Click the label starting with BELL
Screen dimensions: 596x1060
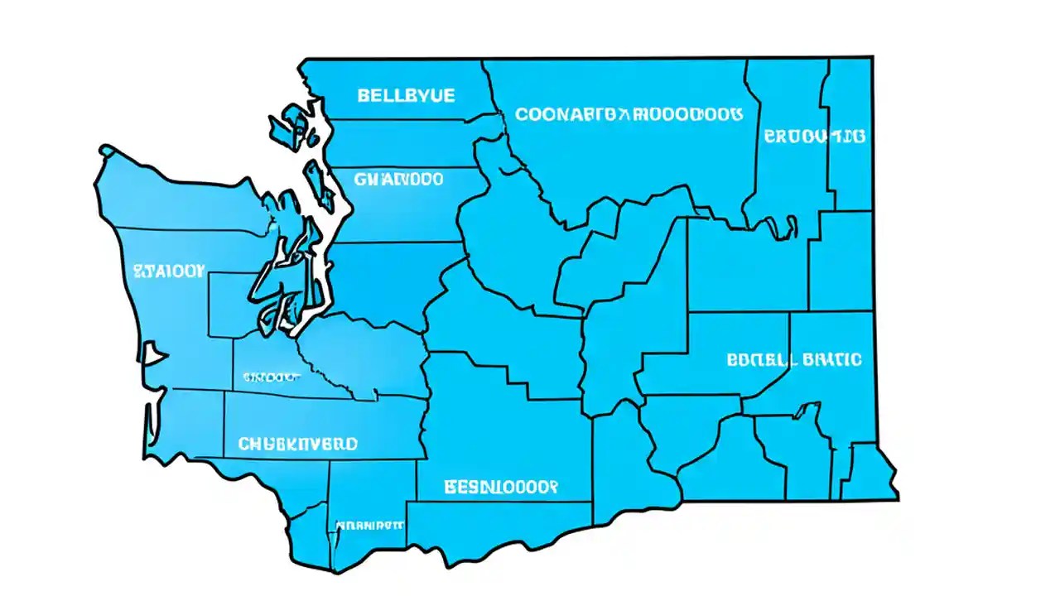[406, 96]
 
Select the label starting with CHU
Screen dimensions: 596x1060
[298, 445]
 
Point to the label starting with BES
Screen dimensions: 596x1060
[500, 486]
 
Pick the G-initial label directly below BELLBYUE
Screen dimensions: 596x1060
[398, 179]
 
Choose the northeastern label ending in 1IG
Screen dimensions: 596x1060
[815, 136]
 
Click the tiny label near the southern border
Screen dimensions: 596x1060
[369, 525]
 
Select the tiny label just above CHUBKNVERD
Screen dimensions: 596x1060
[271, 377]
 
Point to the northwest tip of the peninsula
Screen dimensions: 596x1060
[106, 151]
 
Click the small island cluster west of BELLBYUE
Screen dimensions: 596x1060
[290, 128]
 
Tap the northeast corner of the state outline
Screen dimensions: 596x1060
[872, 58]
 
